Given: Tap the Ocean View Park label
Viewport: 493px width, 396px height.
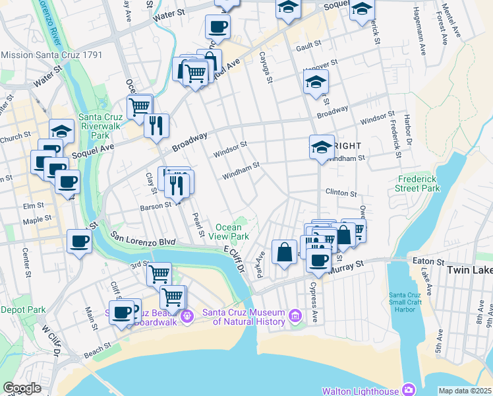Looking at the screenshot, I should coord(229,232).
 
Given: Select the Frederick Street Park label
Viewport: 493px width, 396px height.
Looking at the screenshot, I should coord(419,183).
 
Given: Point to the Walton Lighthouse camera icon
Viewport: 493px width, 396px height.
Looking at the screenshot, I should coord(408,391).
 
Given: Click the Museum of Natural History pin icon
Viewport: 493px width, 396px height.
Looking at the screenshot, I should coord(295,317).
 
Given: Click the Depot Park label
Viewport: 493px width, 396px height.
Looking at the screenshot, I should coord(23,309).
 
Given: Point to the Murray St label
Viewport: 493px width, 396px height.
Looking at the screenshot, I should coord(350,265).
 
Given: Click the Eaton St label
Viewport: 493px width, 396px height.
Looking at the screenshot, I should coord(423,261).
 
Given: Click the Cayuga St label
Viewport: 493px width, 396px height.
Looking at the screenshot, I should coord(265,69).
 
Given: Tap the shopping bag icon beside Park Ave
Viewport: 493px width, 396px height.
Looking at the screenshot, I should coord(283,252).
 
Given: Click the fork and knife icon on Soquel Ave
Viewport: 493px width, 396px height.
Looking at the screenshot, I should coord(156,125).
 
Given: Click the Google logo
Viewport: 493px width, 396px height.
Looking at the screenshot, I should coord(22,388).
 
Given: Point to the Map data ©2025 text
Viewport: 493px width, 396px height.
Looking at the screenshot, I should coord(465,391).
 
